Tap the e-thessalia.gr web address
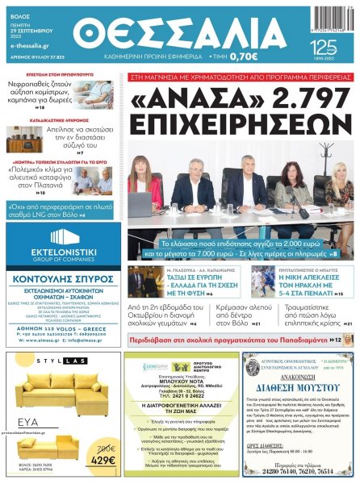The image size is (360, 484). (29, 47)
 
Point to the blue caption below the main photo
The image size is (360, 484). (241, 248)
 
